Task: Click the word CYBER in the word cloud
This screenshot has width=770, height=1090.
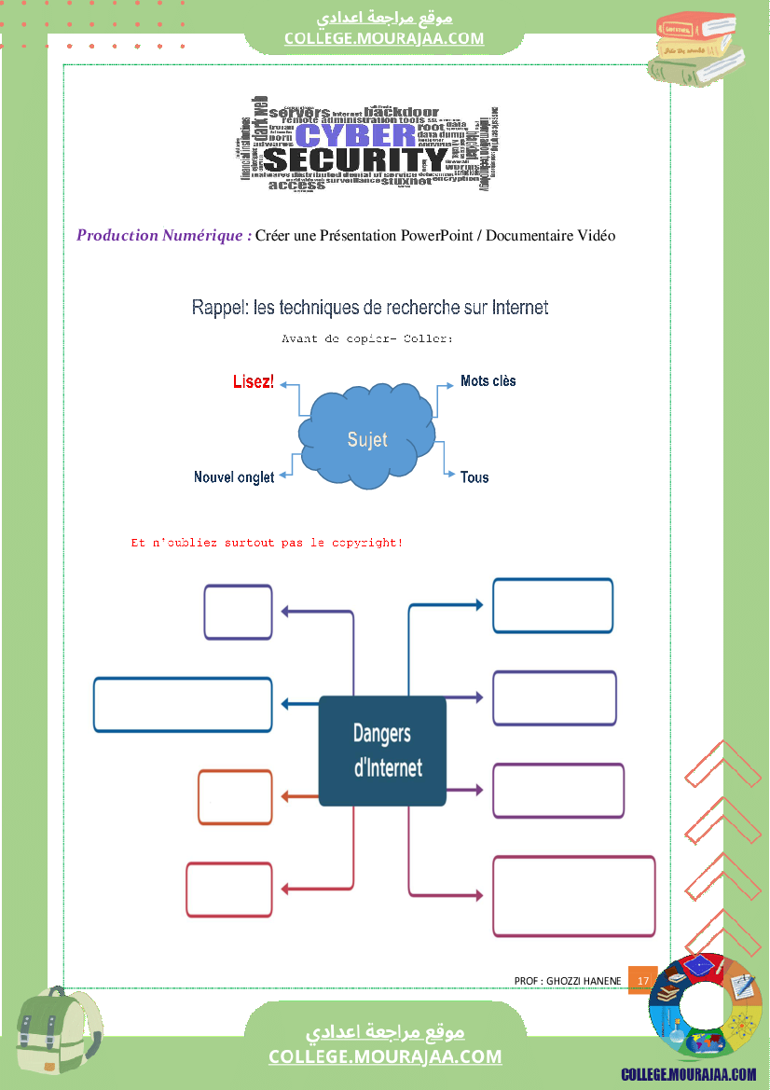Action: point(355,136)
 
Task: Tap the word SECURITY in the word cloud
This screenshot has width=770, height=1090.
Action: point(355,160)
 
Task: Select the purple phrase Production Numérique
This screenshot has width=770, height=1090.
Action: point(163,235)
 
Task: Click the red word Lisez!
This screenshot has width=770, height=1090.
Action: point(254,382)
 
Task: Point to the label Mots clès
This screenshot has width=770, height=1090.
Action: point(488,381)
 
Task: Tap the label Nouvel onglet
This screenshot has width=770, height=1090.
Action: point(234,477)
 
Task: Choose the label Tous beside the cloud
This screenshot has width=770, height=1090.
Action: point(474,477)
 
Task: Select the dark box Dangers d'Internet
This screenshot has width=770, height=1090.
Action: point(382,751)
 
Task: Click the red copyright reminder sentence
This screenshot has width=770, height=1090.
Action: point(267,542)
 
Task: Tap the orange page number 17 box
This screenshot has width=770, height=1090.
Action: point(642,981)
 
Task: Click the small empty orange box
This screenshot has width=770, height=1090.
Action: point(235,797)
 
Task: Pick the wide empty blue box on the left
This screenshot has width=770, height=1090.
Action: point(183,705)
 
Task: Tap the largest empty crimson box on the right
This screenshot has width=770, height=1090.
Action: point(573,895)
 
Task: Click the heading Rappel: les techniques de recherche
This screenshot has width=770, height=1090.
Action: point(369,307)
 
